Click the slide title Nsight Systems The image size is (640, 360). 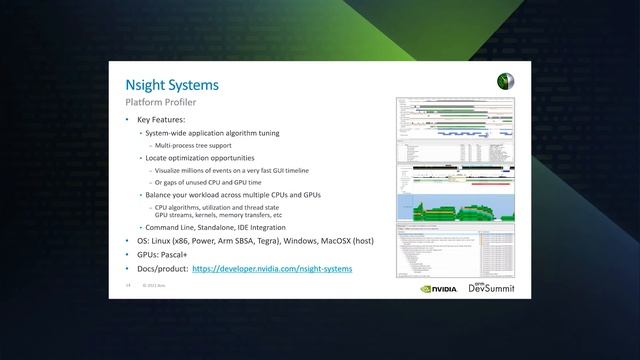171,86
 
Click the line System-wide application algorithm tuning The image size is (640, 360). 212,133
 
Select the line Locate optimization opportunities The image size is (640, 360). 199,158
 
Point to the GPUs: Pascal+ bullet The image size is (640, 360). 164,256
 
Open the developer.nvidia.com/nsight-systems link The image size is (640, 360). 272,269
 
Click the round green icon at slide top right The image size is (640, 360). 504,82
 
